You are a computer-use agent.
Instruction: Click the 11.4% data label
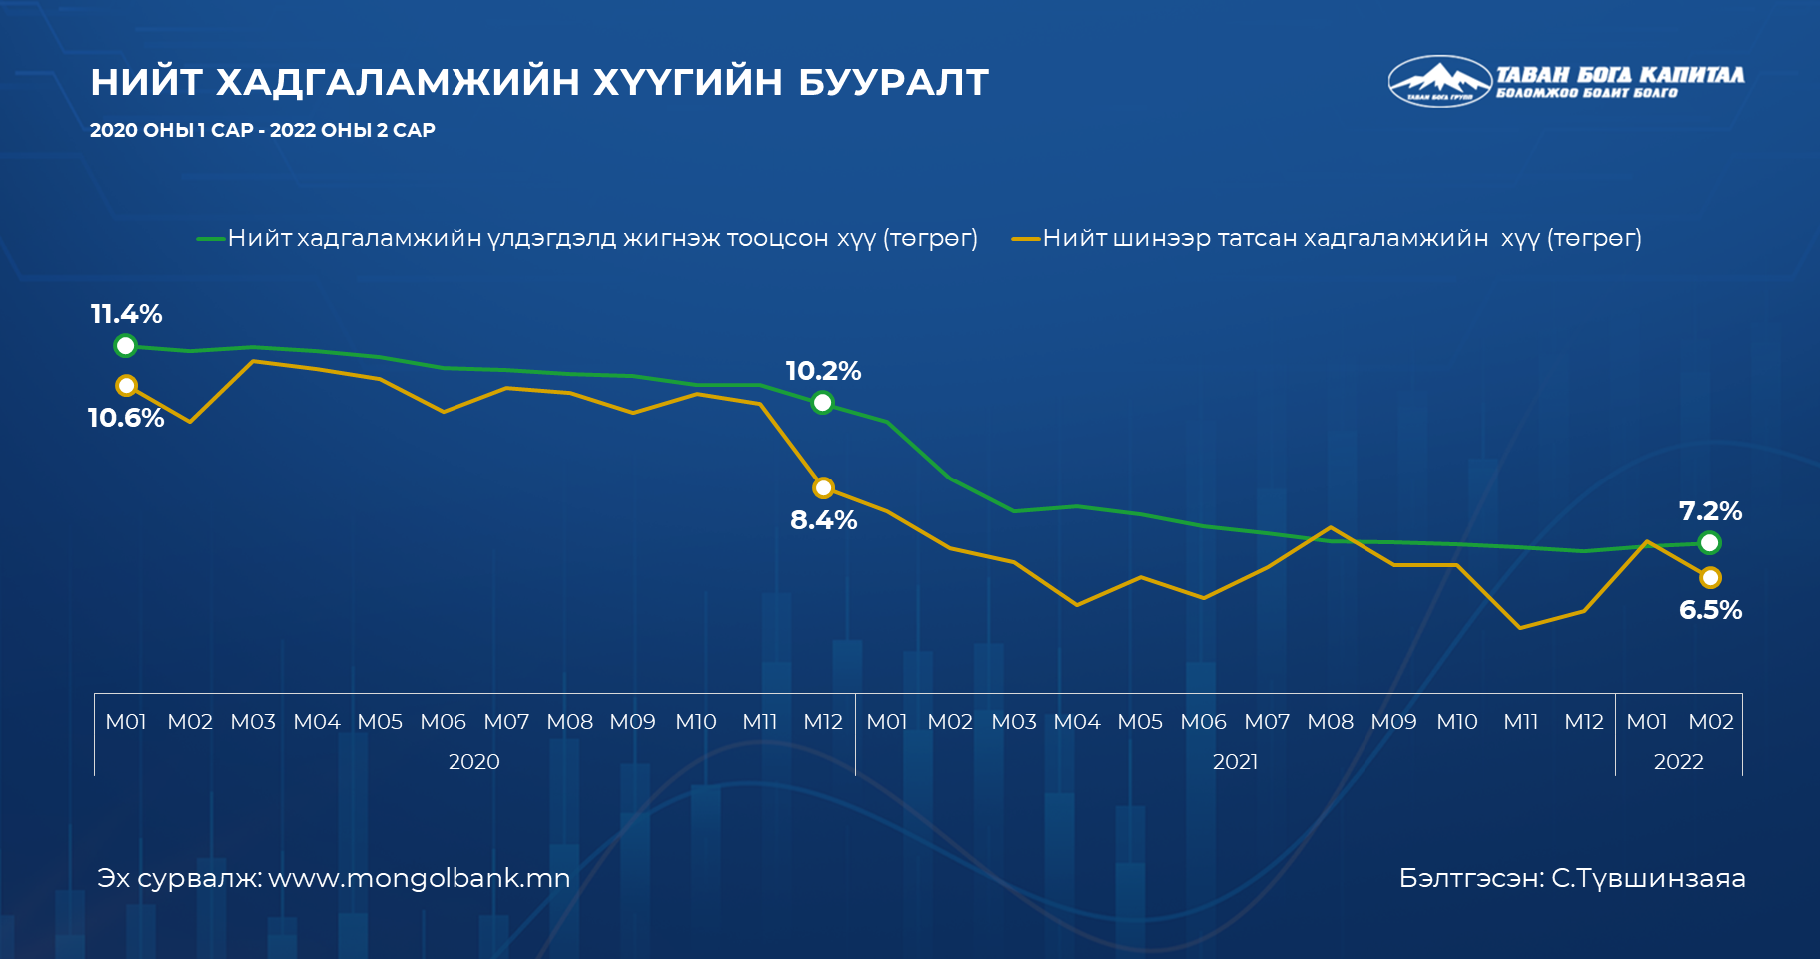pos(126,314)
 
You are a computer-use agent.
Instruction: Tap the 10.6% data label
pos(126,418)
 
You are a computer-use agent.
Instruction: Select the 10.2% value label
pos(823,371)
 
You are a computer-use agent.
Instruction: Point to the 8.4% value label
pos(824,520)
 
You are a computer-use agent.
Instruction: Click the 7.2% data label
pos(1710,511)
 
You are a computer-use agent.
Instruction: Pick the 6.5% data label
pos(1710,610)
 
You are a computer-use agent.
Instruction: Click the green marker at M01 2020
pos(126,346)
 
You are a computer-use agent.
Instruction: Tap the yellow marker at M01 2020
pos(126,386)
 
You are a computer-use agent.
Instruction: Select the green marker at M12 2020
pos(823,403)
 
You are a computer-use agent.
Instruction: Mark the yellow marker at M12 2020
pos(823,488)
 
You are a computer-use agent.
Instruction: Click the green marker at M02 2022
pos(1710,543)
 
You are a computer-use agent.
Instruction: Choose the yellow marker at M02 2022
pos(1710,577)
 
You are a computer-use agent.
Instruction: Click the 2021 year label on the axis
pos(1235,762)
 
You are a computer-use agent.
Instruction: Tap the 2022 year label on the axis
pos(1678,762)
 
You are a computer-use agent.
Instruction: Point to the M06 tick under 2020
pos(444,722)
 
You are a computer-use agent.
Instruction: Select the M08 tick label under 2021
pos(1331,722)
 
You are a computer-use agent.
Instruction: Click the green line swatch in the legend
pos(211,239)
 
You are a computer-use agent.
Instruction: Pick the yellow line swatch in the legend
pos(1026,239)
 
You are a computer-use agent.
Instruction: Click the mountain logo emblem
pos(1439,81)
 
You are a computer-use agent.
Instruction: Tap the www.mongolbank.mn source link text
pos(420,879)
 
